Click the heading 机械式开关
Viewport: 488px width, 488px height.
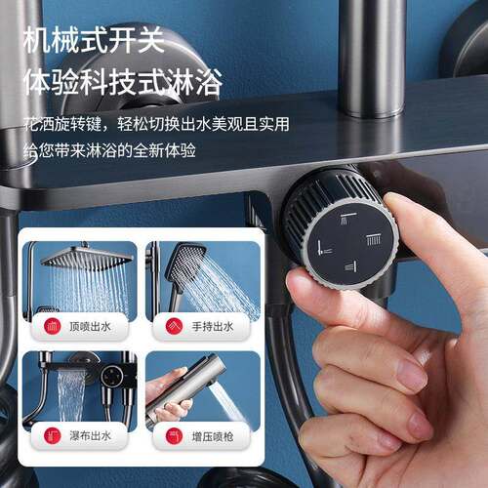[x=94, y=40]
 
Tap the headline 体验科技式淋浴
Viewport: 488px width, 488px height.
[x=123, y=82]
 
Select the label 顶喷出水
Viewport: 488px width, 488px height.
[x=90, y=326]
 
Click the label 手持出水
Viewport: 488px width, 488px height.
[x=213, y=326]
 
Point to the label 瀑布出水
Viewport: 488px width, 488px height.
[x=90, y=436]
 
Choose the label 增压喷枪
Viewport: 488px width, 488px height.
[x=213, y=436]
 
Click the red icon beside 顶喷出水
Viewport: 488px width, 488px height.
[x=53, y=326]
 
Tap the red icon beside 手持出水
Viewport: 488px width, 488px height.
[x=174, y=326]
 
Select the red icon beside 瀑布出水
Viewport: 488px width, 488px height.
[x=53, y=436]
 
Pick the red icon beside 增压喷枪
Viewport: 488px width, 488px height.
[x=174, y=436]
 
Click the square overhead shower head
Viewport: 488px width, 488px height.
[x=87, y=258]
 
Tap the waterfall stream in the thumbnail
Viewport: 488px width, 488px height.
[x=70, y=395]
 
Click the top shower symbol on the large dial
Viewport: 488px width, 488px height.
[x=347, y=219]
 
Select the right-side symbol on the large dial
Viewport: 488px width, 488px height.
[x=374, y=239]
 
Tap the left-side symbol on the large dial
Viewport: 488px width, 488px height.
[x=324, y=249]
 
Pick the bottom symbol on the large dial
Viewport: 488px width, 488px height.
[x=350, y=266]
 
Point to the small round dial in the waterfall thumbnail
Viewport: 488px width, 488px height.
[x=111, y=377]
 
